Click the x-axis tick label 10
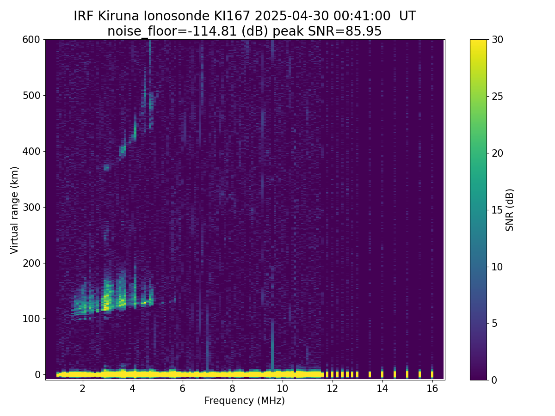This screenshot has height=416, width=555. point(282,388)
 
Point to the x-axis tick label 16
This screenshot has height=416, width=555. point(432,388)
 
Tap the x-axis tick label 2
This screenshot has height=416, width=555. point(82,388)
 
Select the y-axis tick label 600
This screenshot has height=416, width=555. point(31,40)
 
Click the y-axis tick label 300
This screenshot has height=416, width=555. point(31,207)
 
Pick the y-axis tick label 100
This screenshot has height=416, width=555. point(31,318)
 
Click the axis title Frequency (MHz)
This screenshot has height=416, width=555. point(245,401)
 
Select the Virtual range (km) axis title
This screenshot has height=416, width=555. point(15,210)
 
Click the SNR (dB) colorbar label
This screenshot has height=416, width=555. point(510,210)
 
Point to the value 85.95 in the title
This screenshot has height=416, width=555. point(365,31)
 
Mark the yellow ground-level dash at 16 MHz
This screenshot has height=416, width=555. point(432,373)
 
